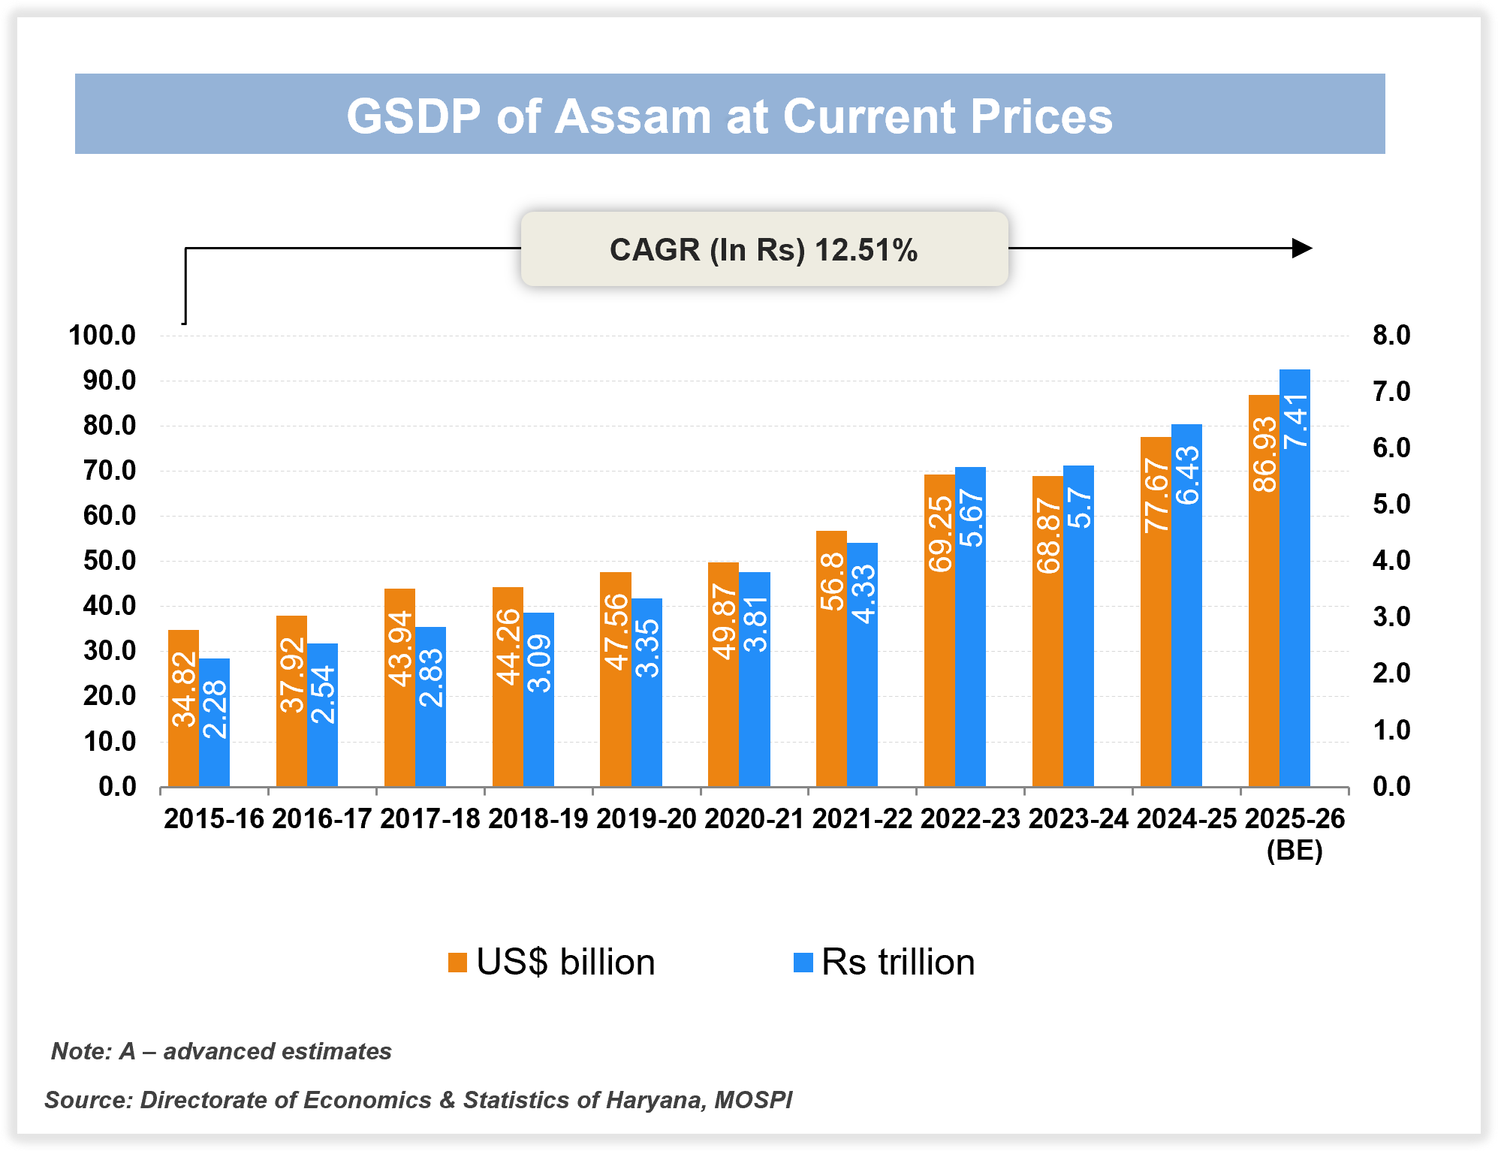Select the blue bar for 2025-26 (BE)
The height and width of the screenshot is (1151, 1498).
pyautogui.click(x=1295, y=578)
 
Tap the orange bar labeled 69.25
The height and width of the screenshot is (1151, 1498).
pyautogui.click(x=939, y=631)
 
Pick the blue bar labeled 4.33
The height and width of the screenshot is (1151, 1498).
pyautogui.click(x=862, y=664)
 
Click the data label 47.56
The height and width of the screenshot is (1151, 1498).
pyautogui.click(x=616, y=631)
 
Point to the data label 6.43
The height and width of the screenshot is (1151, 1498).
pyautogui.click(x=1187, y=475)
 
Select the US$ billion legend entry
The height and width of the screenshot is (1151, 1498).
pyautogui.click(x=552, y=962)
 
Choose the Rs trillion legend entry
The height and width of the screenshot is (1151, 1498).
pyautogui.click(x=885, y=962)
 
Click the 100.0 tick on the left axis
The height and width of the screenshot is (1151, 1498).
pyautogui.click(x=102, y=335)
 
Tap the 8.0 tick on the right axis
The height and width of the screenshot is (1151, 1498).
pyautogui.click(x=1391, y=335)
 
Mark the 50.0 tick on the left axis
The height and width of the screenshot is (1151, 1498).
pyautogui.click(x=110, y=561)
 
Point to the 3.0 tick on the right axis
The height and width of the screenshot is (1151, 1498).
pyautogui.click(x=1391, y=616)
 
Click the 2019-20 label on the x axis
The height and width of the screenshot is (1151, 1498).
pyautogui.click(x=646, y=818)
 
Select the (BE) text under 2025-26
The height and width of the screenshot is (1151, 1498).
pyautogui.click(x=1295, y=851)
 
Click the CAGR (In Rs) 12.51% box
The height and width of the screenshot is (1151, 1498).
pyautogui.click(x=764, y=249)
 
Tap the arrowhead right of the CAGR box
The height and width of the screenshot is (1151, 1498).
pyautogui.click(x=1301, y=248)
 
